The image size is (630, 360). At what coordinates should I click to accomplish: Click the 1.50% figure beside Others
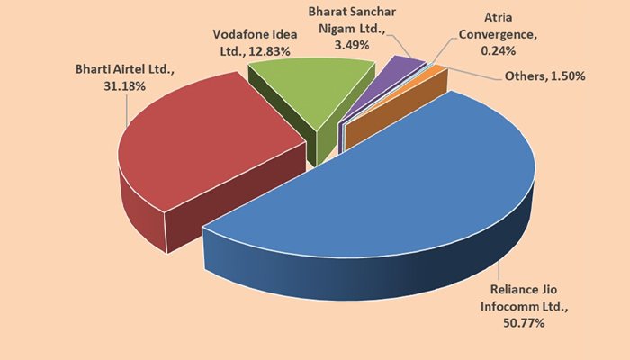pyautogui.click(x=569, y=76)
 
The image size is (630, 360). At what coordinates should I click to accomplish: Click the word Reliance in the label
pyautogui.click(x=508, y=292)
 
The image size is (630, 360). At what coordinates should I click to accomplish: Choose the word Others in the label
pyautogui.click(x=523, y=76)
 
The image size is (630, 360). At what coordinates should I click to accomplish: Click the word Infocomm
pyautogui.click(x=510, y=307)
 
